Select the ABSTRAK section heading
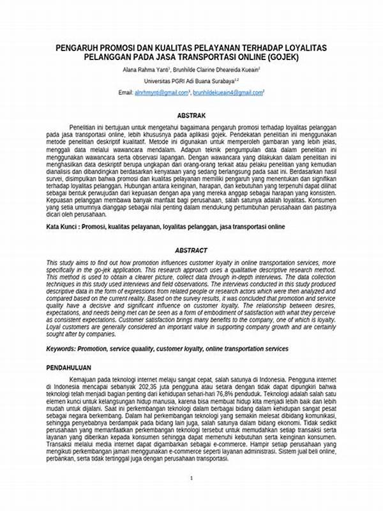[191, 116]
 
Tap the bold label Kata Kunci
[64, 226]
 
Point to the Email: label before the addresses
[126, 93]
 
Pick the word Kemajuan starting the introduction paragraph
[85, 380]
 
